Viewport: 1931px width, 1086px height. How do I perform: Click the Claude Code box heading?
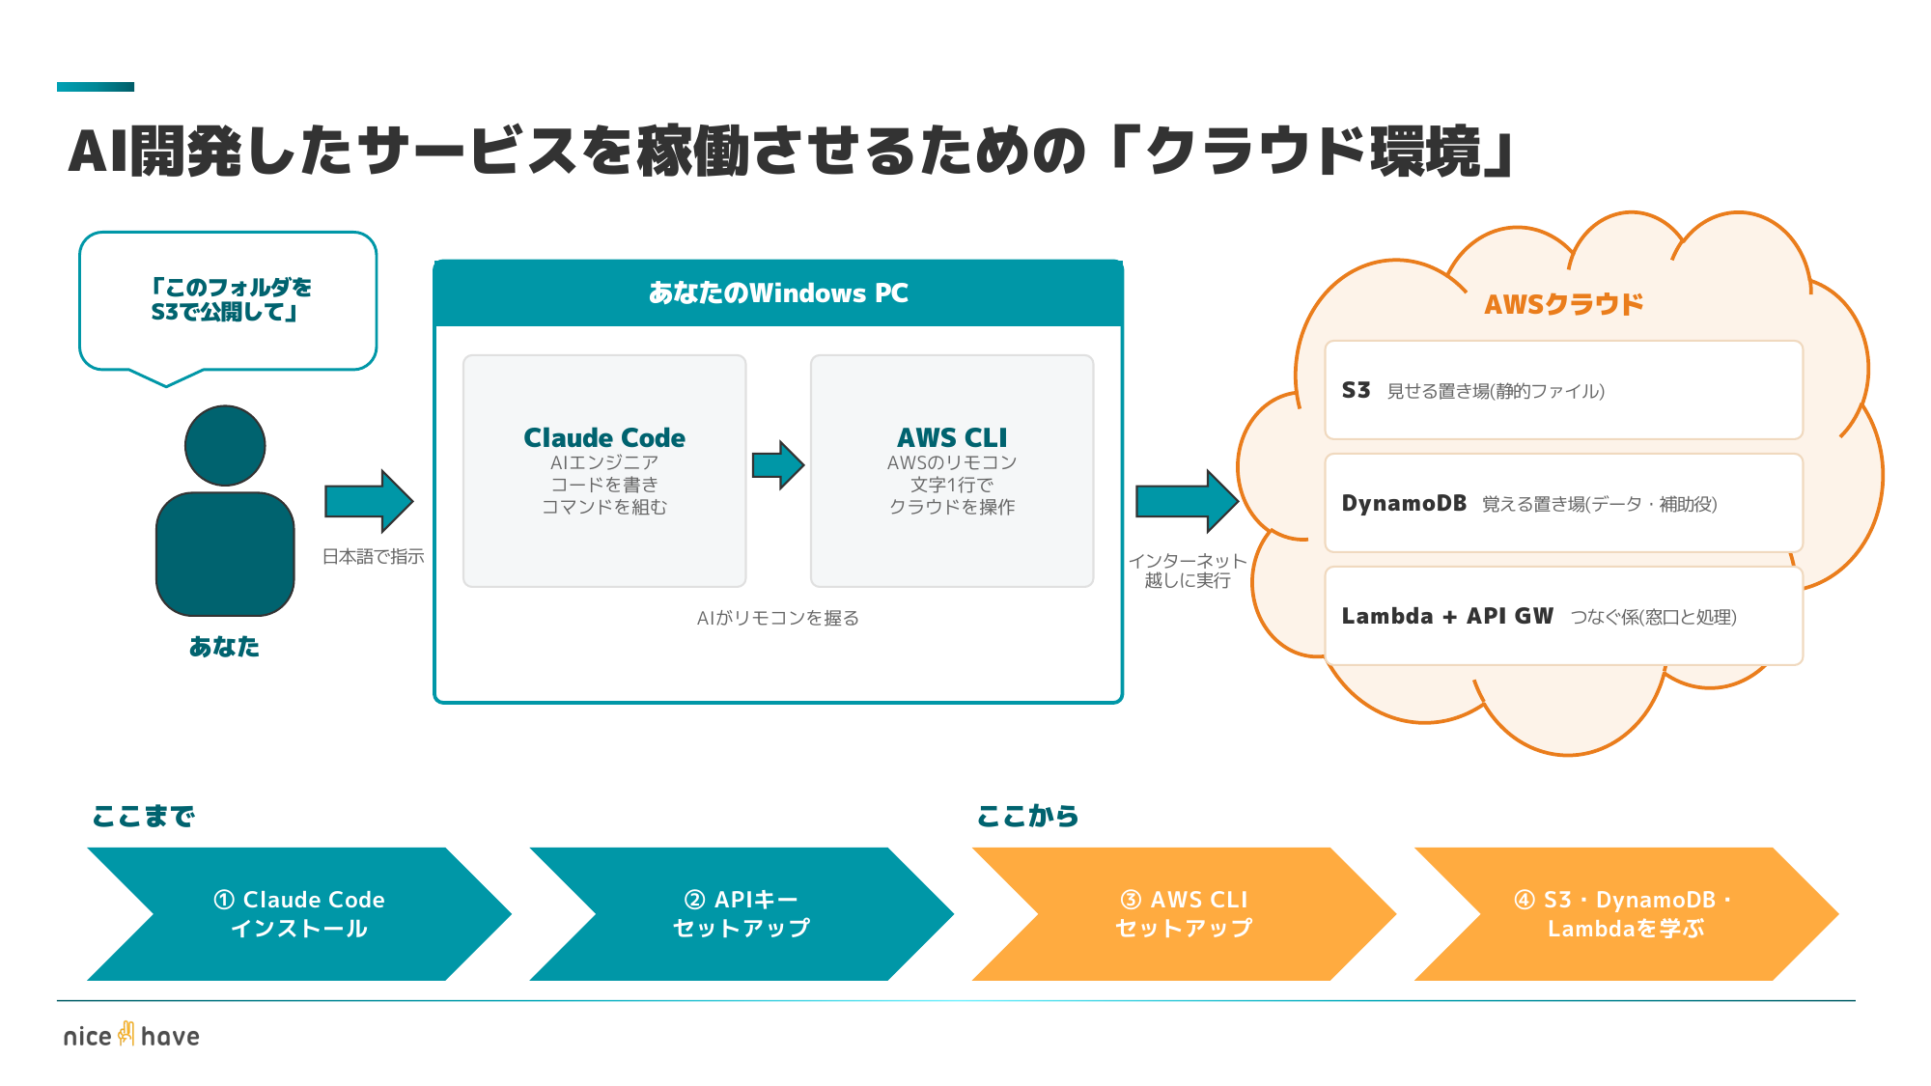point(604,437)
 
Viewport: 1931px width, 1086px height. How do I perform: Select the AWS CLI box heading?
point(952,437)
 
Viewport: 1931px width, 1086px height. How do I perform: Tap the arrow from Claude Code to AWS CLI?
point(778,465)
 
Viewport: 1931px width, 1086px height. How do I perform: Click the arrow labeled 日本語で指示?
point(369,501)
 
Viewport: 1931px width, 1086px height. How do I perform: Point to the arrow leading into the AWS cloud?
point(1187,501)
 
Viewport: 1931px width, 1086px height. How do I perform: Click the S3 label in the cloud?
point(1356,390)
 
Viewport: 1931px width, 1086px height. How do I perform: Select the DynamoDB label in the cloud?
point(1404,503)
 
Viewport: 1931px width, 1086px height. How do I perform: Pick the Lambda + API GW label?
point(1447,616)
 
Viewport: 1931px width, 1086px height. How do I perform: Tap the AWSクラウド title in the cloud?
point(1563,304)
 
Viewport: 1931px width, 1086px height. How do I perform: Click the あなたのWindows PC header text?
point(778,292)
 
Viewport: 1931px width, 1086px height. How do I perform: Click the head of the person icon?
point(225,445)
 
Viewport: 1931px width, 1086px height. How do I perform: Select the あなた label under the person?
point(224,646)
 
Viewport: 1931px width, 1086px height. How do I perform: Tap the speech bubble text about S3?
point(230,299)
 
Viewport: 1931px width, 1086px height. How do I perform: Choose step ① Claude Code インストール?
point(299,913)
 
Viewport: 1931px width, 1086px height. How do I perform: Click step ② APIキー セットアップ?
point(742,913)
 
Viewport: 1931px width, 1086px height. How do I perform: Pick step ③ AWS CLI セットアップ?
point(1184,913)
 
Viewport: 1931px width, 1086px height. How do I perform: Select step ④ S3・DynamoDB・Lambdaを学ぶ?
point(1626,913)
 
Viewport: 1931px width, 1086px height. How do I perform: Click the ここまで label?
point(143,817)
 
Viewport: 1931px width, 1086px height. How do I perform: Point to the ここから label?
point(1027,817)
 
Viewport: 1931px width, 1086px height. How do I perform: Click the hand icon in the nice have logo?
point(126,1034)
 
